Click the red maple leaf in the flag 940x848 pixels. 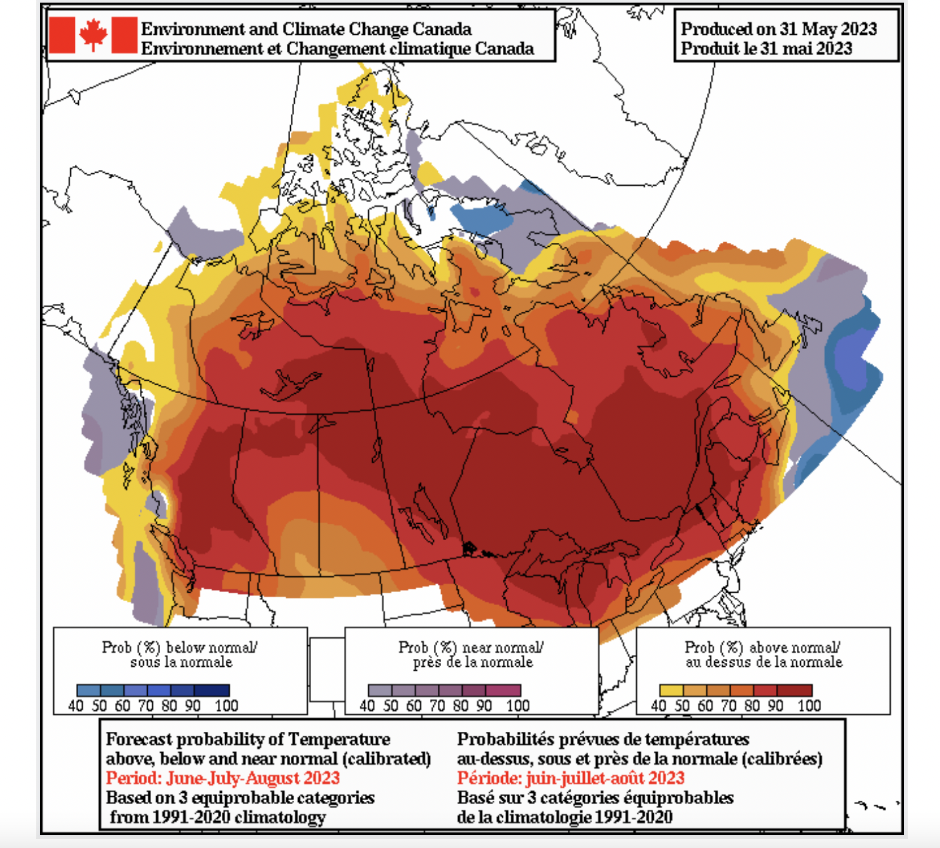[93, 35]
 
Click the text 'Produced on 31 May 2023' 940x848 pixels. [779, 29]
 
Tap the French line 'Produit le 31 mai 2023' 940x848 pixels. [766, 49]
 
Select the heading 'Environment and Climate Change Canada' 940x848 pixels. [306, 29]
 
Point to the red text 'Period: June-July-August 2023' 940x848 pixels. [223, 778]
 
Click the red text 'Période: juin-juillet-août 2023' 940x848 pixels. [570, 778]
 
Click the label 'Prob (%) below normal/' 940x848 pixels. [179, 647]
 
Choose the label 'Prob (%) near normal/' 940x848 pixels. [471, 647]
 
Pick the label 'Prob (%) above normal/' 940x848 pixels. [762, 647]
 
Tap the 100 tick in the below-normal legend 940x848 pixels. [226, 706]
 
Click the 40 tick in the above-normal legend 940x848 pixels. [658, 706]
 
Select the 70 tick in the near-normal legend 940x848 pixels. [437, 706]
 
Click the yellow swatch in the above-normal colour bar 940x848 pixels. [671, 690]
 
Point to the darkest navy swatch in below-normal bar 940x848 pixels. [217, 690]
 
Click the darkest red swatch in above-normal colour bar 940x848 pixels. [800, 690]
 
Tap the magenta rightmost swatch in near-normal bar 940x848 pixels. [509, 690]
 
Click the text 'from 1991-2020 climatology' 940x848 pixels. [217, 817]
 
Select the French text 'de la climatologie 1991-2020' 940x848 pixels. [565, 817]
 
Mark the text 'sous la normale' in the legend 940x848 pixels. [181, 662]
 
